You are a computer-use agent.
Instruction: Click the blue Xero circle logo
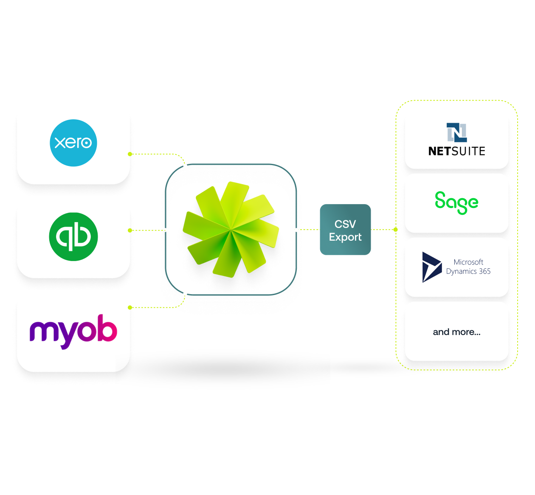click(x=73, y=143)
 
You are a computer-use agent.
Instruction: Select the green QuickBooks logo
click(x=73, y=236)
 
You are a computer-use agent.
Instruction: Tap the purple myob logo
click(x=73, y=331)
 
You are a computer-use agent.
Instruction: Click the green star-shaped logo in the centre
click(x=231, y=229)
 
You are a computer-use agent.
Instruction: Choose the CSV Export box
click(x=345, y=230)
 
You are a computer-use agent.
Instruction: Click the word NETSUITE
click(x=456, y=151)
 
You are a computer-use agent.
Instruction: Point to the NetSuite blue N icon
click(x=456, y=132)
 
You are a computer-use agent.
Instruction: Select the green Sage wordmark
click(x=456, y=202)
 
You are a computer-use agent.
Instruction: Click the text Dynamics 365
click(x=468, y=271)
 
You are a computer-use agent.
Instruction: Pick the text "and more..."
click(x=456, y=332)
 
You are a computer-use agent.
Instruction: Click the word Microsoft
click(x=468, y=262)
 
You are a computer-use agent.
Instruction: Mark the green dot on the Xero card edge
click(x=130, y=154)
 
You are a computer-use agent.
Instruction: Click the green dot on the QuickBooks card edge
click(x=130, y=230)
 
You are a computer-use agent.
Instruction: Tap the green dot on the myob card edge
click(x=130, y=307)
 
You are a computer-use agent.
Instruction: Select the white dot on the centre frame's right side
click(x=296, y=230)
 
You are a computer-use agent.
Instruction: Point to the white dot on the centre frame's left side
click(x=165, y=230)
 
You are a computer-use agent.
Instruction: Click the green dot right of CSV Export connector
click(x=396, y=229)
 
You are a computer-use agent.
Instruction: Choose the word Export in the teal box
click(x=345, y=237)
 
